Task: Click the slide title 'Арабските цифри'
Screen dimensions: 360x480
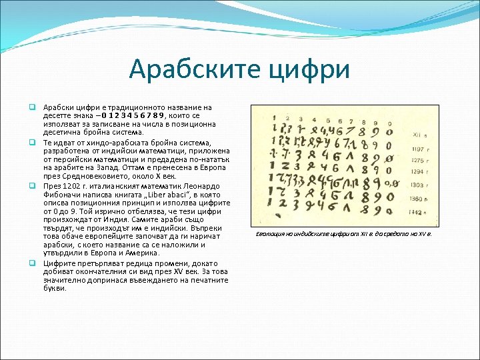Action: (239, 69)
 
